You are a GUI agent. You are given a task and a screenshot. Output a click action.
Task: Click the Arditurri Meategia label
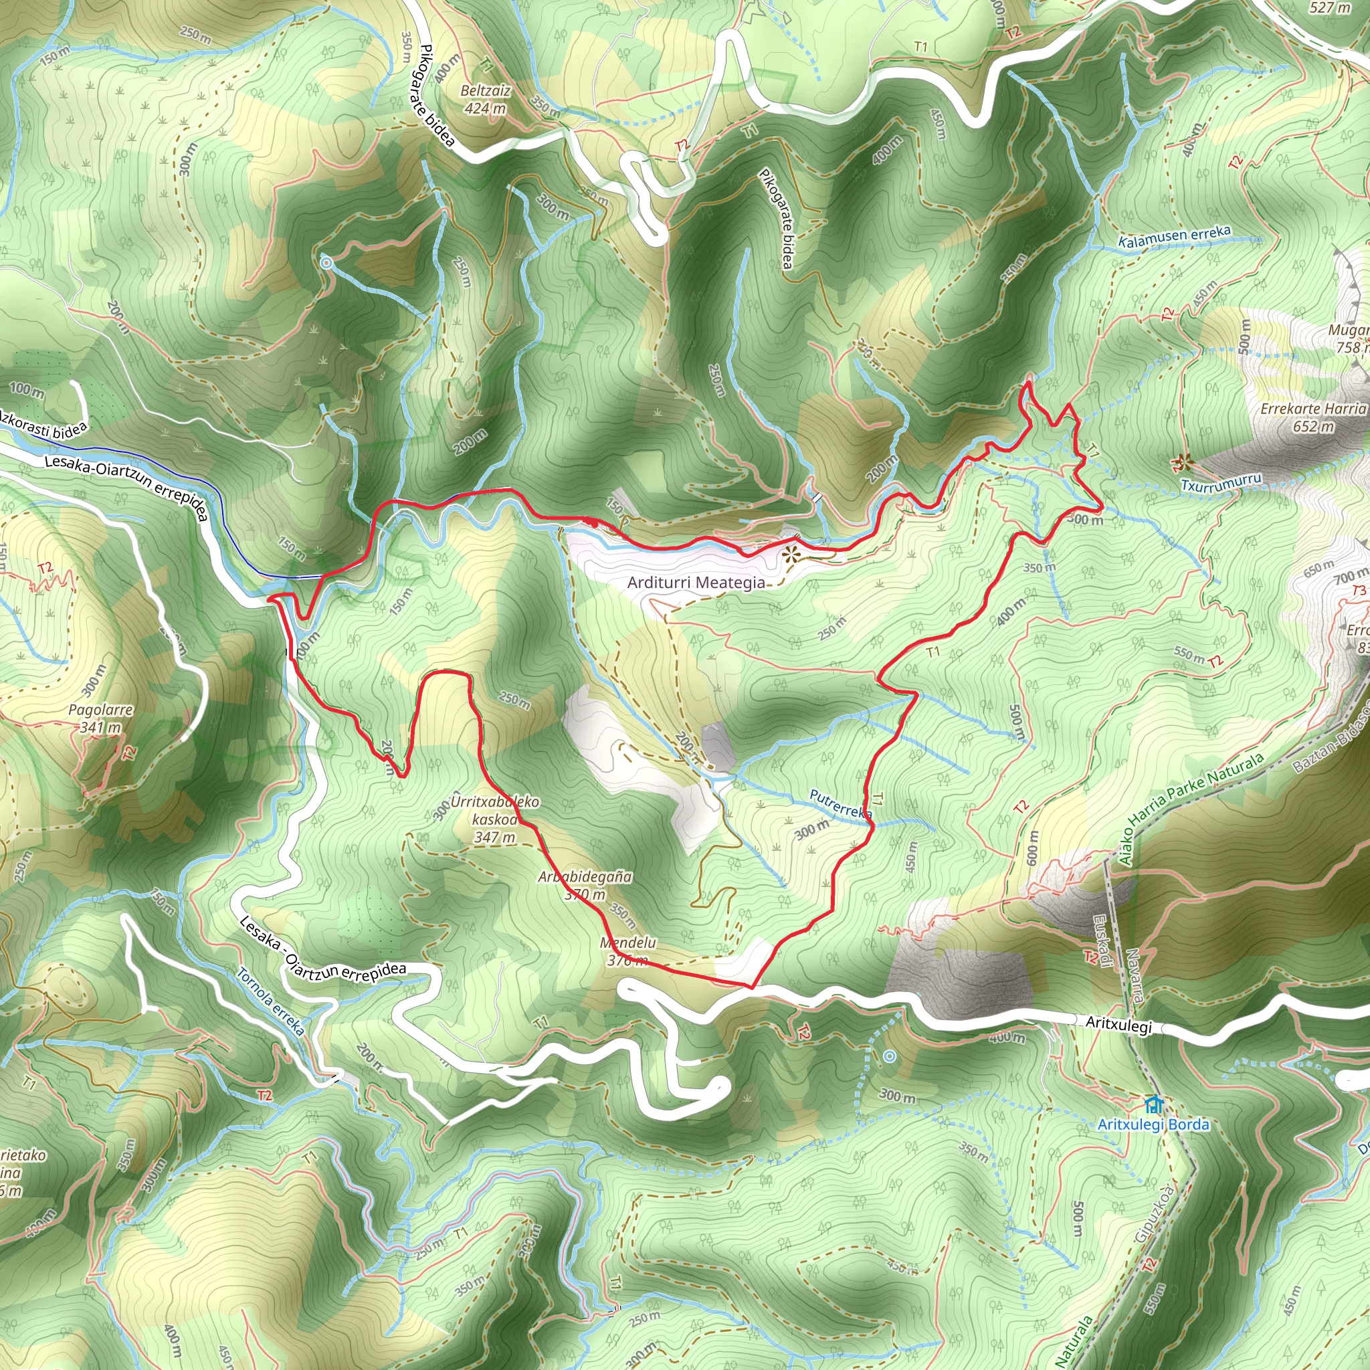point(696,583)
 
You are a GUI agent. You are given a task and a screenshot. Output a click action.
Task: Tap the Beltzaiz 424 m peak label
point(485,100)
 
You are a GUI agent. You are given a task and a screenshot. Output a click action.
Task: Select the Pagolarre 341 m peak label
point(101,718)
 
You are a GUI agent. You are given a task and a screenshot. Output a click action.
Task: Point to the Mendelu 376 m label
point(627,952)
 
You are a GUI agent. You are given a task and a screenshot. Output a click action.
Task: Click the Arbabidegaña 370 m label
point(585,886)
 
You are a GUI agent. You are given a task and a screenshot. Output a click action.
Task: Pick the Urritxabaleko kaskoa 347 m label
point(495,819)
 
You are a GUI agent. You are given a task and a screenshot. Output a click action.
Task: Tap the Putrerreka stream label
point(840,804)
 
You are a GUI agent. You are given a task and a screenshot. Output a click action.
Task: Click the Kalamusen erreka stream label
point(1174,237)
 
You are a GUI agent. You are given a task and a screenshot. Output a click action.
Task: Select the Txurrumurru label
point(1221,484)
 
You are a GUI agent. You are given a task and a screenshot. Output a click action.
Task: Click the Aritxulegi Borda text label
point(1153,1124)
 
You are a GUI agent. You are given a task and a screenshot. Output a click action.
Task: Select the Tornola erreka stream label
point(270,1002)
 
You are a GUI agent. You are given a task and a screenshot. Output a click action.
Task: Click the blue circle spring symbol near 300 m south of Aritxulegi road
point(890,1056)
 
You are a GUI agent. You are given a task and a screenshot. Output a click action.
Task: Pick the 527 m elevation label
point(1330,8)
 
